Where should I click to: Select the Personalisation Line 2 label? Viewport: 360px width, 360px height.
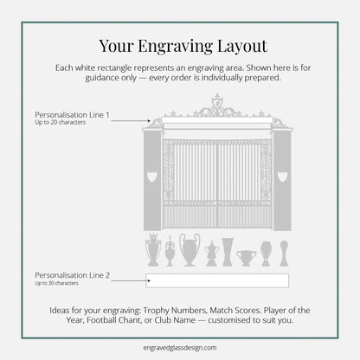72,274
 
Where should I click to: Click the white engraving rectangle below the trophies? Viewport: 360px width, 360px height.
217,279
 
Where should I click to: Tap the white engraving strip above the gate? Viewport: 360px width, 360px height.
216,123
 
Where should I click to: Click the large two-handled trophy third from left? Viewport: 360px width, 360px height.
189,250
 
